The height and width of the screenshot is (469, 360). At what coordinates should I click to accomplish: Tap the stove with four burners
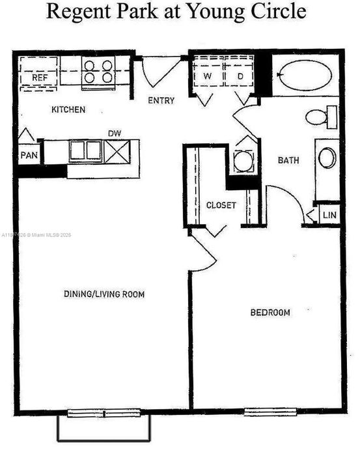(98, 70)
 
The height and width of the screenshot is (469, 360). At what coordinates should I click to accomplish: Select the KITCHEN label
(68, 109)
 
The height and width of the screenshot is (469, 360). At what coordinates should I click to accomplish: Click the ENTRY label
(161, 100)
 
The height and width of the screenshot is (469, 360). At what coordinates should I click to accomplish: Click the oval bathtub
(306, 75)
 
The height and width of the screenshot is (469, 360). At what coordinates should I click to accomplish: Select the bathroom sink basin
(327, 158)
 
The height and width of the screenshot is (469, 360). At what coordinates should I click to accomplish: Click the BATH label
(288, 160)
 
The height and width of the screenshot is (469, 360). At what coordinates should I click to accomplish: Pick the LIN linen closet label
(331, 214)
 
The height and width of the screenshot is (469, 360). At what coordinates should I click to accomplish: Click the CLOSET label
(221, 205)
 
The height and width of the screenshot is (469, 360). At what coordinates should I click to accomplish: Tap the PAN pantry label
(29, 155)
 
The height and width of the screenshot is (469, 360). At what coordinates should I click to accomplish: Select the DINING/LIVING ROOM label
(104, 294)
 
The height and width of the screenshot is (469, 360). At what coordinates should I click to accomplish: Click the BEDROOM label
(270, 313)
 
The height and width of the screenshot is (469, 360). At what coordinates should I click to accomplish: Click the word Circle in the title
(278, 11)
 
